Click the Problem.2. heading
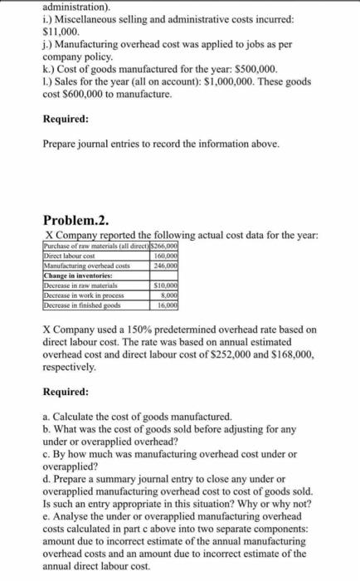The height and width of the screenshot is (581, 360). [x=74, y=219]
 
